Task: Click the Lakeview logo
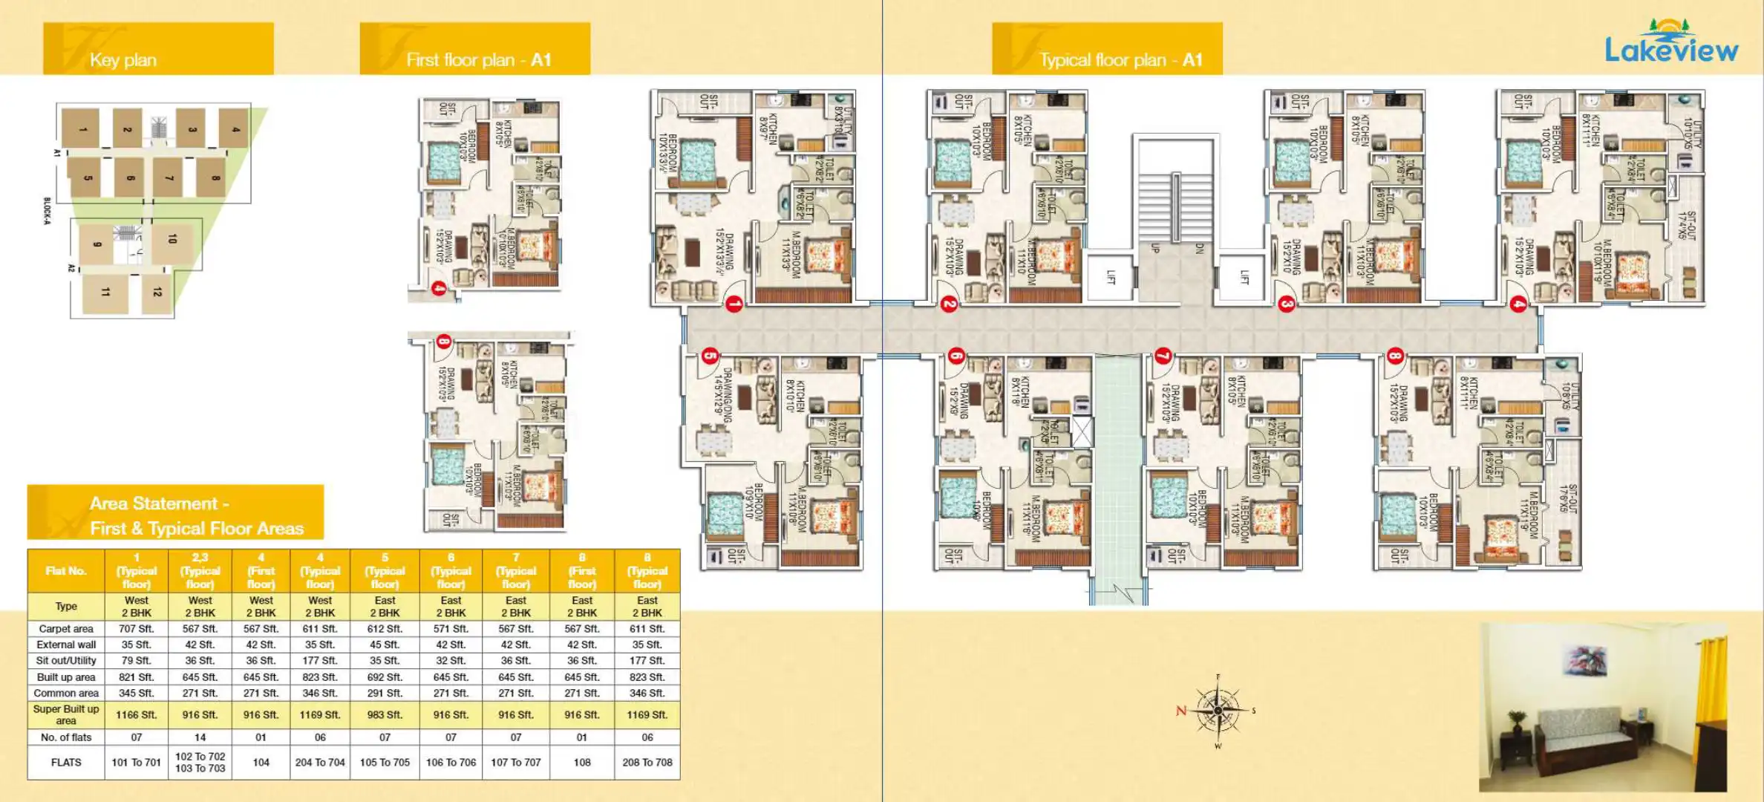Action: (x=1670, y=43)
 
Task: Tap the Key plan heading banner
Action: (x=158, y=49)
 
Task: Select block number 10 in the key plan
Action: (x=172, y=239)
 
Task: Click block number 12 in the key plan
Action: (x=157, y=293)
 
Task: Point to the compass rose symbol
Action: (x=1218, y=711)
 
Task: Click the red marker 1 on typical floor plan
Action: (x=734, y=304)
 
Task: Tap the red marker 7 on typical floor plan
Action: (x=1163, y=356)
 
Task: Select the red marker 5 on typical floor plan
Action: (x=710, y=356)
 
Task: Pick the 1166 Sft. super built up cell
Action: (x=136, y=714)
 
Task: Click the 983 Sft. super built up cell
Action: (x=385, y=714)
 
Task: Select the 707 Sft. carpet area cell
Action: (x=136, y=628)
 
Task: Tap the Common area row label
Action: (x=66, y=693)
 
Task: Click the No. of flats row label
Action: (x=66, y=737)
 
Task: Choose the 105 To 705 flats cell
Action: (x=385, y=762)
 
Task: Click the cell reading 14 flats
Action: (x=200, y=737)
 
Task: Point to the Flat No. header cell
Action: (x=66, y=570)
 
